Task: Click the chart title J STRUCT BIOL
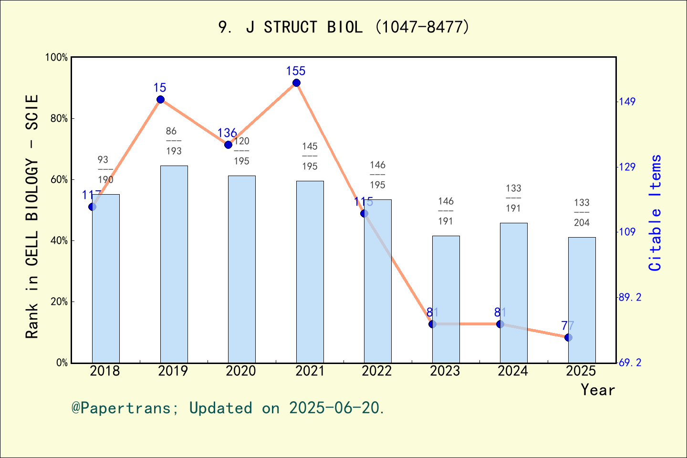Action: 343,27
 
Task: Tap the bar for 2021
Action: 310,271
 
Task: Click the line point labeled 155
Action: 296,83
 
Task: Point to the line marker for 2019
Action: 160,99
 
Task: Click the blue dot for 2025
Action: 568,337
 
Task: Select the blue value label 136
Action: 227,133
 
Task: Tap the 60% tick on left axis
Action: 59,179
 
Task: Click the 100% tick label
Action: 57,57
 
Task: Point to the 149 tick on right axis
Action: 627,102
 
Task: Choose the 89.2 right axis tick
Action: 630,297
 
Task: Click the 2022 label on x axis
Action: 377,371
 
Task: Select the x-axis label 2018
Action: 105,371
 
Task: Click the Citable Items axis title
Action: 655,212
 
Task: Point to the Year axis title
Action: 598,390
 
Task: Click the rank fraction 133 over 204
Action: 582,213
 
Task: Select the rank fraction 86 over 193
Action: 174,141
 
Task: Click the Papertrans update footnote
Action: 228,408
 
